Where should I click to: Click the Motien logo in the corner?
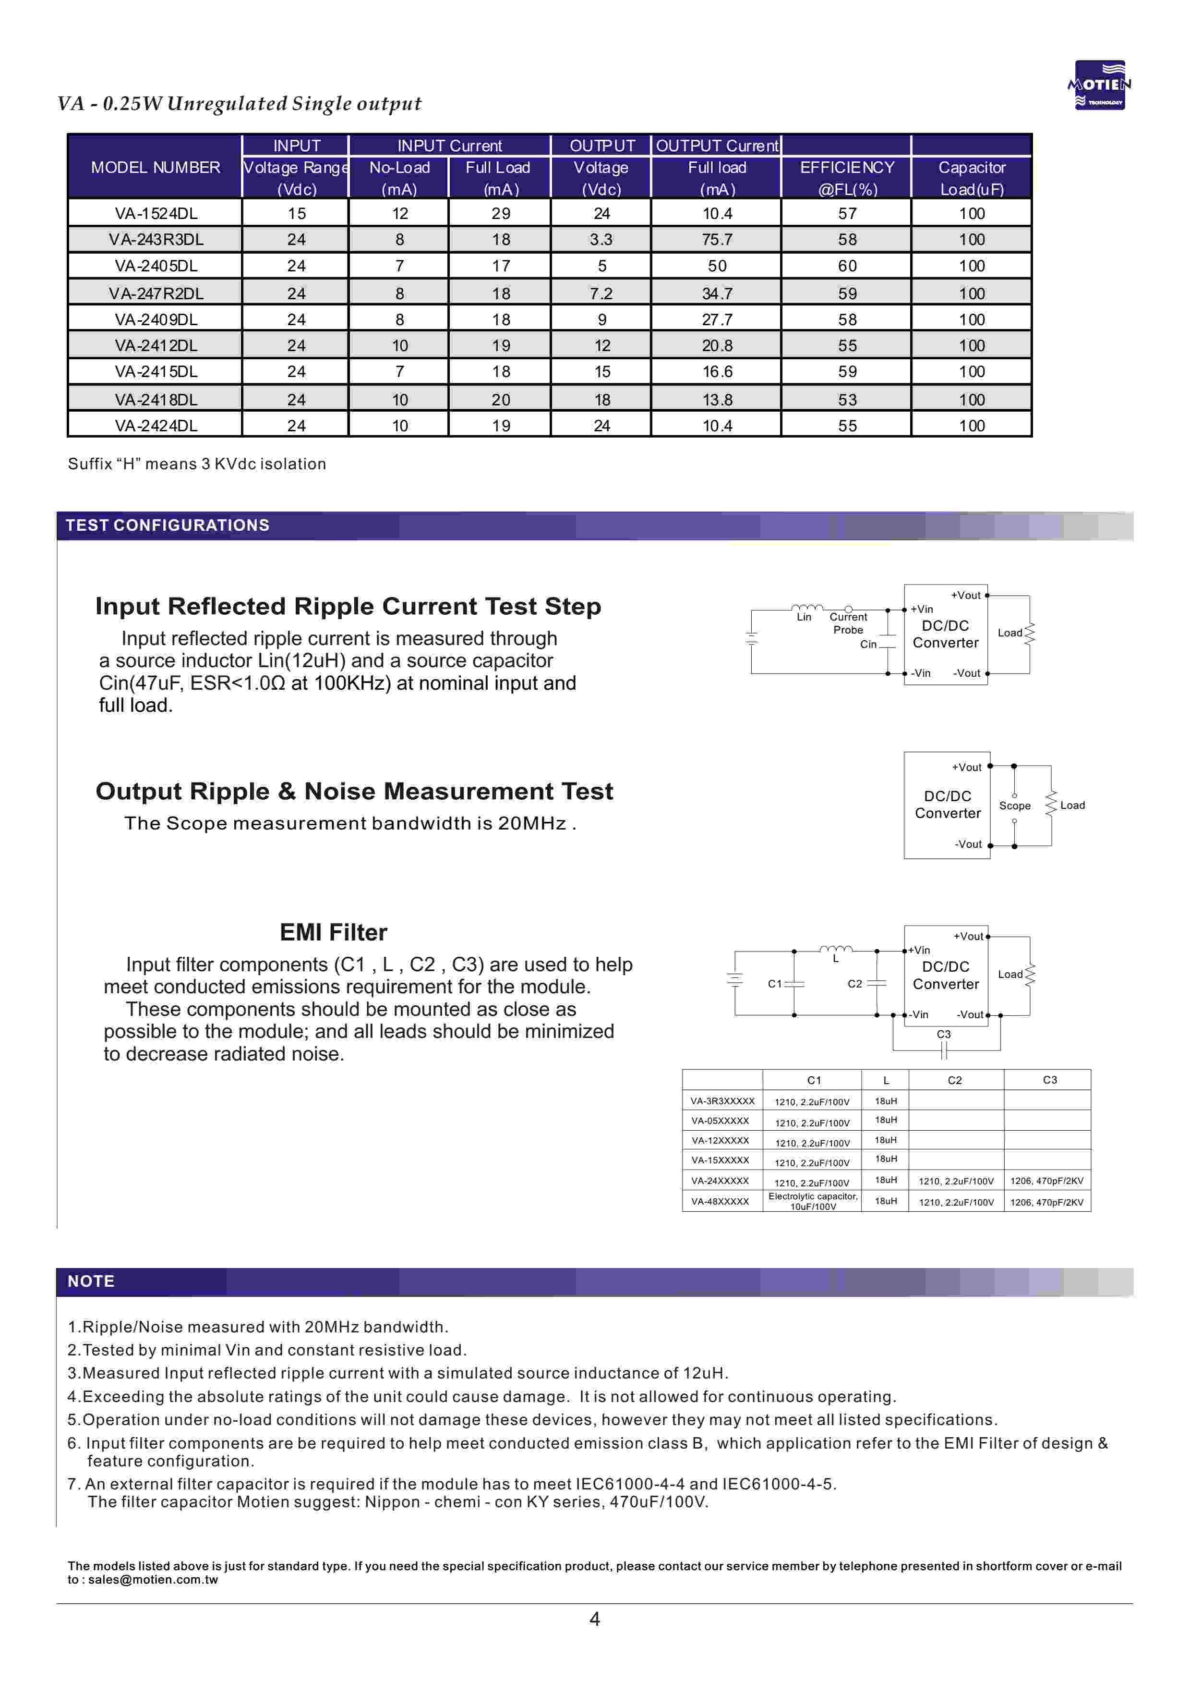(x=1099, y=85)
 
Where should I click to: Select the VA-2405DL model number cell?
(x=156, y=266)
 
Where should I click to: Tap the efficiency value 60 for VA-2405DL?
(x=847, y=266)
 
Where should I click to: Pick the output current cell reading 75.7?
(x=717, y=240)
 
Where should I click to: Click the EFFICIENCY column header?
(x=847, y=168)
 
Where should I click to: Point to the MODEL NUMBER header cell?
(x=156, y=168)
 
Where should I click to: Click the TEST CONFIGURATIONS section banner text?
(x=168, y=525)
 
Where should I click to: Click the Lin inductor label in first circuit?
(x=804, y=617)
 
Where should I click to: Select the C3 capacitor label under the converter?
(x=944, y=1034)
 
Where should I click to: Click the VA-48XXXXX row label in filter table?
(x=721, y=1201)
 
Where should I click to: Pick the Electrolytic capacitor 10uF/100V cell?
(x=813, y=1201)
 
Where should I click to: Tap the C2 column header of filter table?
(x=955, y=1081)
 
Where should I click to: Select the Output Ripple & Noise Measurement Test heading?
(x=355, y=792)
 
